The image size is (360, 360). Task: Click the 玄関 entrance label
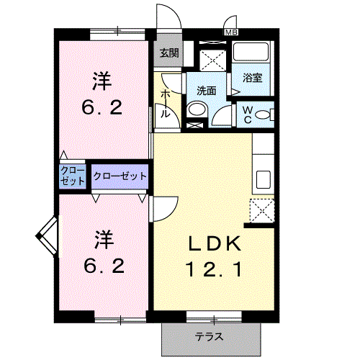click(x=169, y=53)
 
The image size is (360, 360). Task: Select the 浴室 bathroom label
click(x=252, y=77)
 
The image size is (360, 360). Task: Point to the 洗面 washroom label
click(x=207, y=91)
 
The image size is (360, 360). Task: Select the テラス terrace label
click(x=209, y=336)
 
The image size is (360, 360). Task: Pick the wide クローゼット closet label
click(x=120, y=176)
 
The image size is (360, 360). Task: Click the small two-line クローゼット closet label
click(x=72, y=176)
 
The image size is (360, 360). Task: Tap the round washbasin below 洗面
click(x=195, y=111)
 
